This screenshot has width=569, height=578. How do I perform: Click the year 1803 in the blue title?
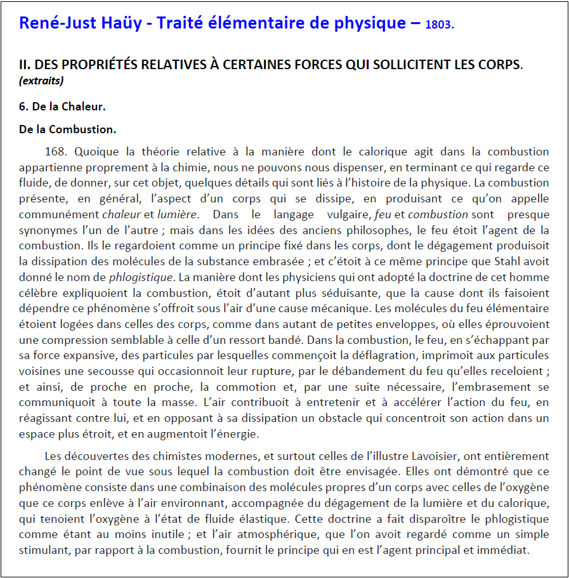[438, 25]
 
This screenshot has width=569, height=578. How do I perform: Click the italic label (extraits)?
[41, 81]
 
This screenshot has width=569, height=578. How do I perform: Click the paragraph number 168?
[56, 152]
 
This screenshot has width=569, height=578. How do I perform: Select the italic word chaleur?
[122, 214]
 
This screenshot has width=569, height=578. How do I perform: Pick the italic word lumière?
[177, 214]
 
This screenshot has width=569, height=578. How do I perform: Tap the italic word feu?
[383, 214]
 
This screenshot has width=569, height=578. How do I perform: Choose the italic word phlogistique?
[141, 277]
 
